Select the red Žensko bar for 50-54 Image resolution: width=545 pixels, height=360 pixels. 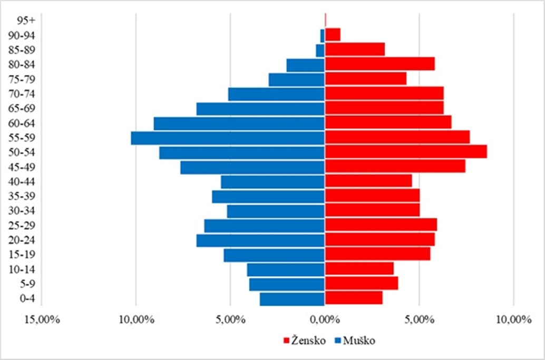pyautogui.click(x=406, y=152)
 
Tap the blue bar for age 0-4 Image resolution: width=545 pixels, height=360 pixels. pyautogui.click(x=293, y=299)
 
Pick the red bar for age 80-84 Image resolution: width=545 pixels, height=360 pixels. pyautogui.click(x=379, y=64)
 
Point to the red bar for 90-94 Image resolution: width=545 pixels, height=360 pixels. pyautogui.click(x=333, y=35)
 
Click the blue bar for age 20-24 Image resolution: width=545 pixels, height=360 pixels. pyautogui.click(x=261, y=240)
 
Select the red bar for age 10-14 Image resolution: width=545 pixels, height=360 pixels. pyautogui.click(x=359, y=269)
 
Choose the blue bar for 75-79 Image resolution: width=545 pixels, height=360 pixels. pyautogui.click(x=297, y=79)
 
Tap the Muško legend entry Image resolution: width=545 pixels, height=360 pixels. pyautogui.click(x=355, y=340)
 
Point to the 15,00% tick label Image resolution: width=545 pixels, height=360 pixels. pyautogui.click(x=42, y=320)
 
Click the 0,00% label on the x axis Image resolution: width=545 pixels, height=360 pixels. pyautogui.click(x=325, y=320)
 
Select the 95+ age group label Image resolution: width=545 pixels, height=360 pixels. pyautogui.click(x=25, y=21)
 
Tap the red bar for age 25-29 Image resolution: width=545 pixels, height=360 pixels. pyautogui.click(x=381, y=226)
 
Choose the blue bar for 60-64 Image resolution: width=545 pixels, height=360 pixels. pyautogui.click(x=239, y=123)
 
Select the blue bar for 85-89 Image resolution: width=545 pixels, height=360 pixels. pyautogui.click(x=320, y=50)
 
